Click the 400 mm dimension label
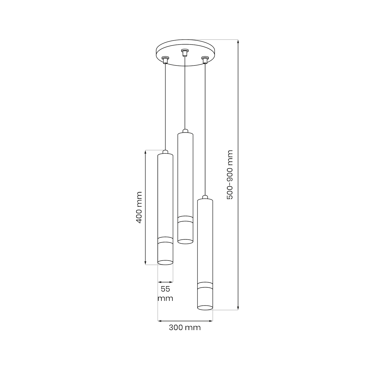[139, 207]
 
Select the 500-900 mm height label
[230, 175]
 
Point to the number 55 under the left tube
[165, 289]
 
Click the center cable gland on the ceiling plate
[185, 52]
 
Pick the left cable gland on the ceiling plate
[165, 60]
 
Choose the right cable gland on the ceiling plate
[205, 60]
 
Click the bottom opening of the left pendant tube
[165, 263]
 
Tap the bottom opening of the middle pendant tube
[185, 242]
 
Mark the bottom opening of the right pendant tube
[205, 308]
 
